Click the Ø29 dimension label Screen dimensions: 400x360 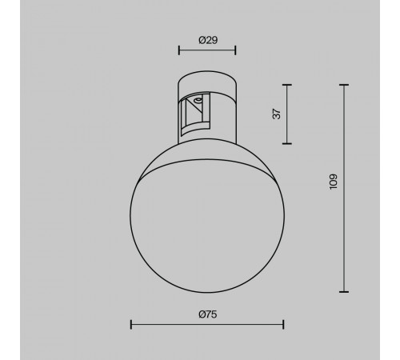pos(208,40)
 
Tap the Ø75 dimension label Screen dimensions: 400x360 pos(208,314)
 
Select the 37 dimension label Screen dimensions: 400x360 pos(277,114)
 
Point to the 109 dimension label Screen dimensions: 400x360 pos(334,182)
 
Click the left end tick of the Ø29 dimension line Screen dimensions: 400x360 pos(179,50)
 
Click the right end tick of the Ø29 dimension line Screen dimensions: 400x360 pos(235,50)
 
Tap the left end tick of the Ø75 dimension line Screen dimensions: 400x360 pos(131,325)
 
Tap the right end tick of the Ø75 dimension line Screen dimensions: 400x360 pos(283,325)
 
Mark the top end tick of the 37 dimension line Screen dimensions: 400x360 pos(287,85)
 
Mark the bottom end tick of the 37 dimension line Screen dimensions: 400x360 pos(287,143)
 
